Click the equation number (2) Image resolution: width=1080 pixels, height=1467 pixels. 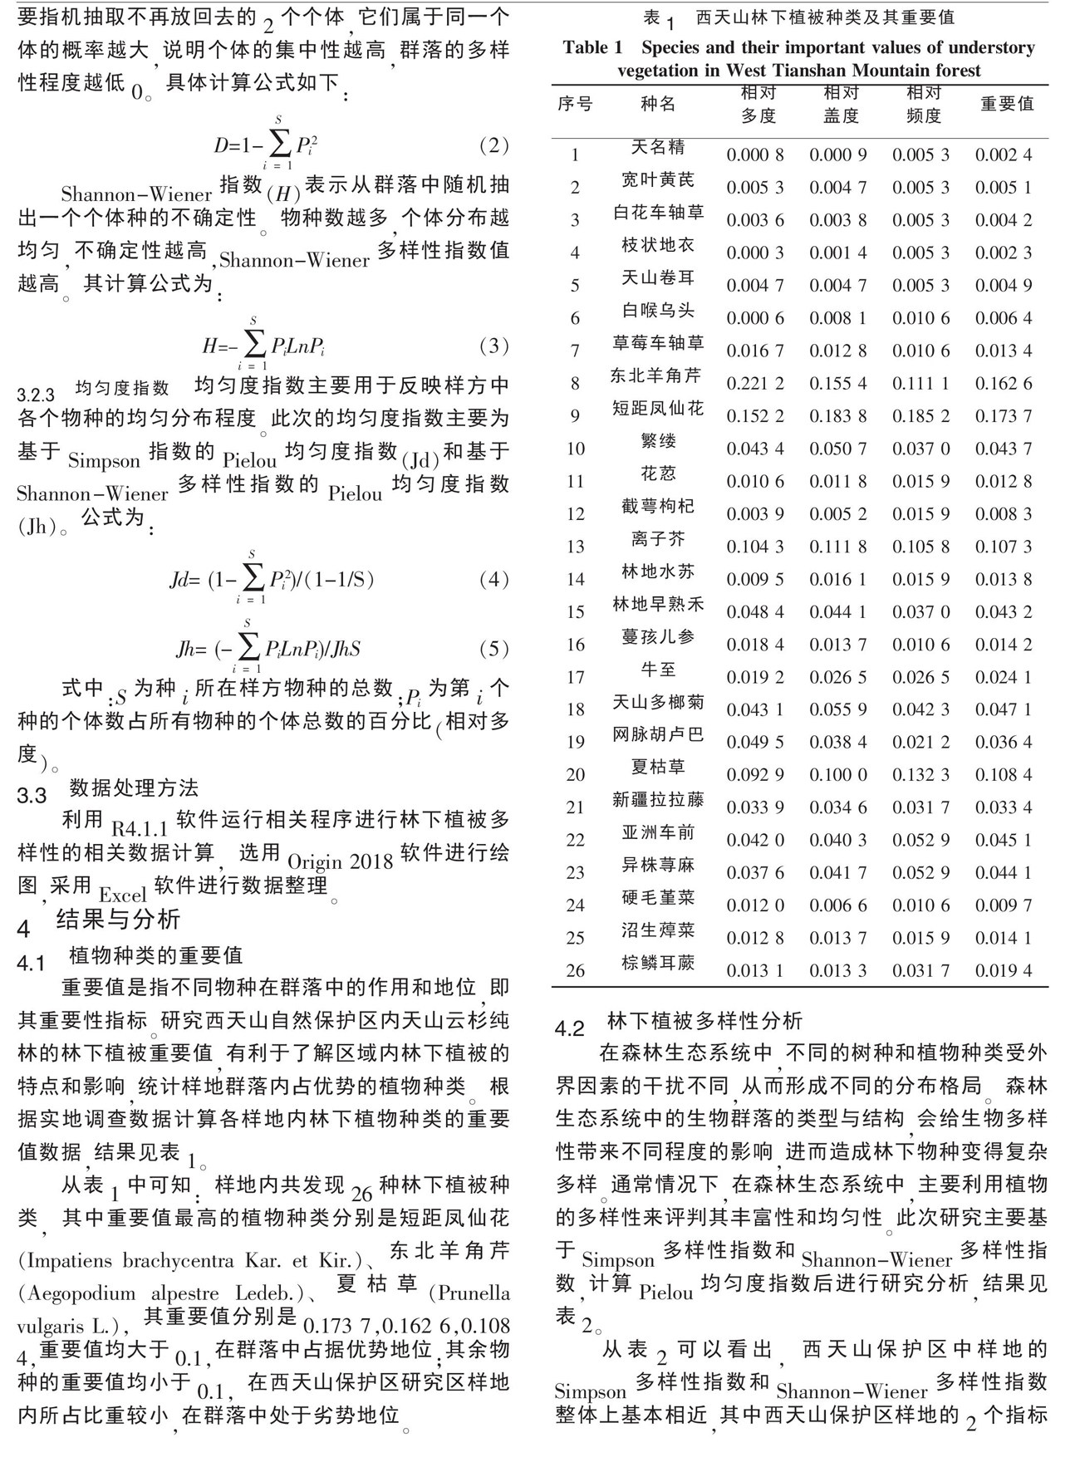tap(493, 146)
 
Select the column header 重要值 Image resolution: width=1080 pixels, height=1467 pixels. tap(1007, 104)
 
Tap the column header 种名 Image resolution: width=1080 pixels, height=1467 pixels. tap(658, 104)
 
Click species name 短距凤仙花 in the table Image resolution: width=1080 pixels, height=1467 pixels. tap(658, 408)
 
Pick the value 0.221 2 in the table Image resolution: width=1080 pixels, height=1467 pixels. tap(754, 384)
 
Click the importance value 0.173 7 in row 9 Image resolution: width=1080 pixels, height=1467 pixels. tap(1004, 416)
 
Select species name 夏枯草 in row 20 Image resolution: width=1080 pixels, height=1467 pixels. tap(658, 767)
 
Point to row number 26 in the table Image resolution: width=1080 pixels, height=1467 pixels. tap(575, 971)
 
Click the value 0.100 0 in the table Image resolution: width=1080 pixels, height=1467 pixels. tap(837, 775)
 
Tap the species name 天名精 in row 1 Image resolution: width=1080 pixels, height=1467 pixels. tap(658, 147)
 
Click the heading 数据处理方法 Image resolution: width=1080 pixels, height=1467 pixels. tap(134, 787)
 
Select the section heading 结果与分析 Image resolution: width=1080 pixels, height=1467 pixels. tap(117, 919)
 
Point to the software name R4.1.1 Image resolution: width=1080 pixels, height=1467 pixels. tap(140, 829)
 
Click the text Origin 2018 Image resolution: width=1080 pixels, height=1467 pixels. tap(340, 861)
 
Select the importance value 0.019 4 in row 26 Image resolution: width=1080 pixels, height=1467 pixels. tap(1004, 971)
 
